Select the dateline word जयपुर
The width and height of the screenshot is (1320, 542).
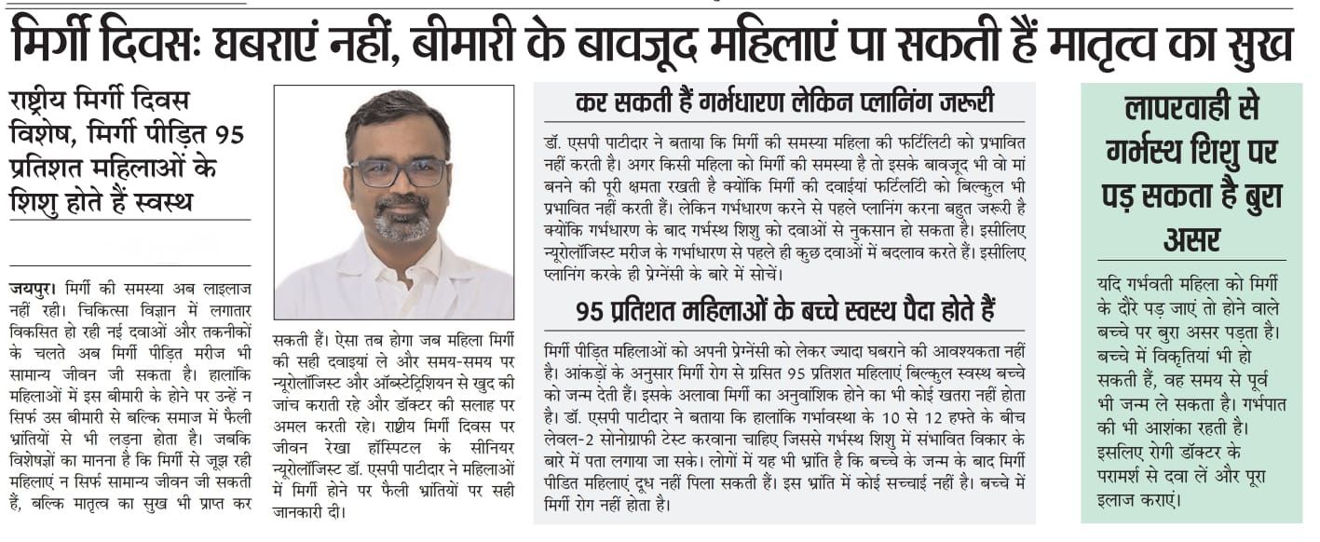(31, 289)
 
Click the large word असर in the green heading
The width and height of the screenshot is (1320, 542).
(1191, 241)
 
